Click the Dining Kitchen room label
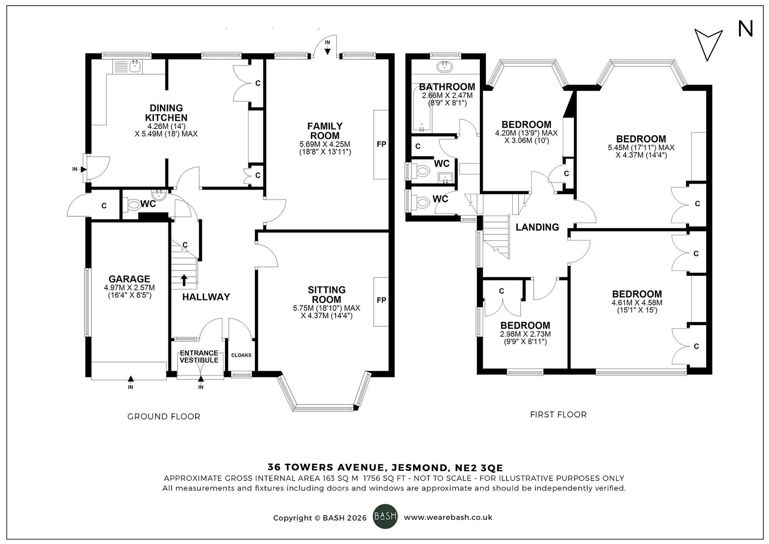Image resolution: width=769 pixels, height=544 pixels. click(166, 113)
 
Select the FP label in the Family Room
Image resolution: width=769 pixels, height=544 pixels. click(381, 144)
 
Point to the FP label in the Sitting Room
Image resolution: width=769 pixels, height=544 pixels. click(381, 300)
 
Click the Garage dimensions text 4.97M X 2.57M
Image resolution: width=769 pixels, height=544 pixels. click(129, 287)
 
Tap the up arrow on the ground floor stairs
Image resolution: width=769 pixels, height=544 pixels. click(184, 280)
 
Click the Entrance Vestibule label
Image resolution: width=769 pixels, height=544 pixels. click(199, 357)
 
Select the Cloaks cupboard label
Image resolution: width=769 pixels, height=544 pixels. click(241, 355)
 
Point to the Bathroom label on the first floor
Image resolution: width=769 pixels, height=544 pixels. click(447, 87)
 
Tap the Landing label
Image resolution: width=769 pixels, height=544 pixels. click(537, 227)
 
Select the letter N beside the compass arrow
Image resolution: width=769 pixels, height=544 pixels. click(745, 29)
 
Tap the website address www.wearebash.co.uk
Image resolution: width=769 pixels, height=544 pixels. click(448, 517)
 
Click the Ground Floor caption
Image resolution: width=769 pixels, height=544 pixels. click(164, 417)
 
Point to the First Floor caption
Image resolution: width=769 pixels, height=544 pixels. click(558, 415)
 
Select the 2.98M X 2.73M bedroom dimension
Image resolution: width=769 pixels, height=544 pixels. click(525, 334)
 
